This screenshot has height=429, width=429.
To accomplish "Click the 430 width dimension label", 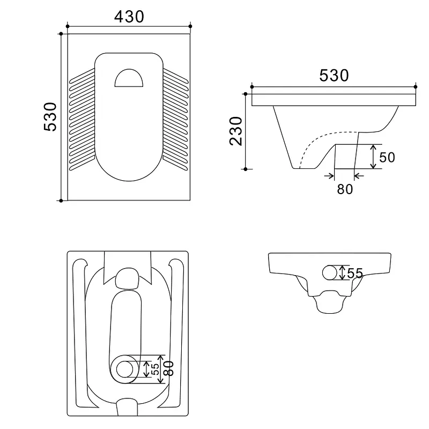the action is pyautogui.click(x=129, y=17).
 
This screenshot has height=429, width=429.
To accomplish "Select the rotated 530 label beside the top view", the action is pyautogui.click(x=50, y=117).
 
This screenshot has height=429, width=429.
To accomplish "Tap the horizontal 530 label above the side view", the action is pyautogui.click(x=334, y=76).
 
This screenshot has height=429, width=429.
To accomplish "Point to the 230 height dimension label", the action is pyautogui.click(x=236, y=131).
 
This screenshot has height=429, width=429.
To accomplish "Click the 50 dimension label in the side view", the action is pyautogui.click(x=387, y=157).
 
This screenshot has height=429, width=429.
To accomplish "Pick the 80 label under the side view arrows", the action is pyautogui.click(x=345, y=189).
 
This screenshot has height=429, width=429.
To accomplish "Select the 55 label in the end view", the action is pyautogui.click(x=355, y=273).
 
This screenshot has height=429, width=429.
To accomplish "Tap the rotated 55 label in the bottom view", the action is pyautogui.click(x=155, y=369).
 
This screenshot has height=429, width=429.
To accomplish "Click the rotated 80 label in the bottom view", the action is pyautogui.click(x=168, y=368).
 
